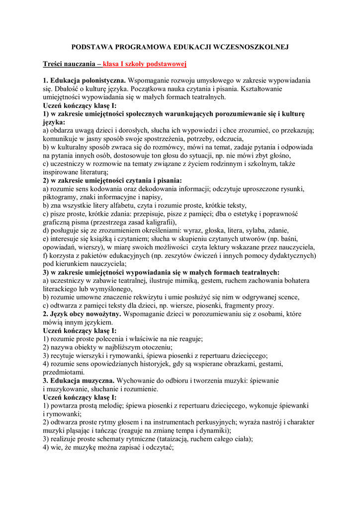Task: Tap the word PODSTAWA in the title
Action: pyautogui.click(x=92, y=47)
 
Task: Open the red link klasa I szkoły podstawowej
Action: pyautogui.click(x=144, y=64)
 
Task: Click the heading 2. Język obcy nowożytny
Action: pyautogui.click(x=82, y=314)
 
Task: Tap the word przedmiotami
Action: pyautogui.click(x=64, y=372)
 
